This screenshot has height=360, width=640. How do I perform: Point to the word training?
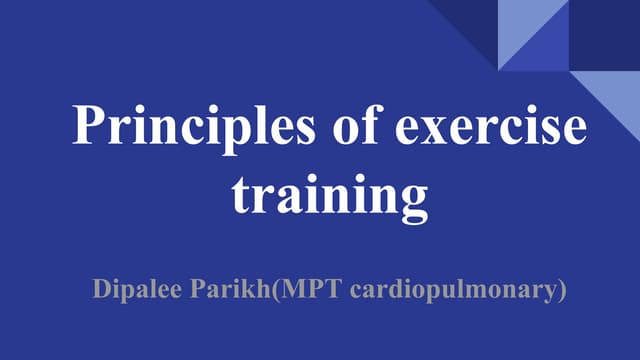point(330,193)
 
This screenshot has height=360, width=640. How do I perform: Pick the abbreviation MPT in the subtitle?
point(317,291)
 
